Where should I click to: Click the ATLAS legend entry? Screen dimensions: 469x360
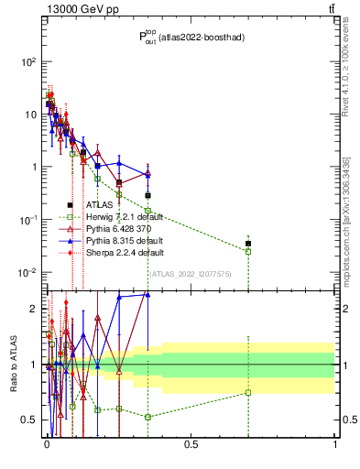pos(98,205)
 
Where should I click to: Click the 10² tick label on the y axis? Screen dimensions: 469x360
pos(27,61)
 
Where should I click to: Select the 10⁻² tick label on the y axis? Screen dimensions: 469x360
pos(27,273)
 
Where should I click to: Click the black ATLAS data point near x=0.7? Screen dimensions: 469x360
pos(248,244)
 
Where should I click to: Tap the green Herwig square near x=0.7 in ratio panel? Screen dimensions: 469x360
pos(248,393)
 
